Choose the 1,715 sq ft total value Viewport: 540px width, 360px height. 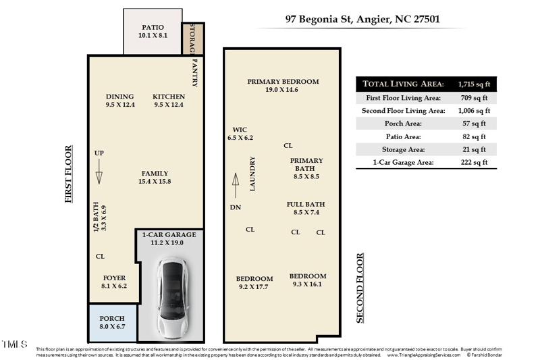pos(473,84)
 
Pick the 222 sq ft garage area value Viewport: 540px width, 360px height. pos(473,162)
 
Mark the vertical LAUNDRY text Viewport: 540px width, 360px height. pos(252,174)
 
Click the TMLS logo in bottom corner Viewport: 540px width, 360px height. pos(14,345)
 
